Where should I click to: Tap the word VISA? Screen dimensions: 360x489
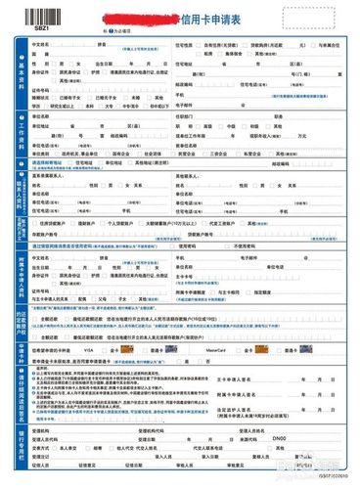(114, 348)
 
